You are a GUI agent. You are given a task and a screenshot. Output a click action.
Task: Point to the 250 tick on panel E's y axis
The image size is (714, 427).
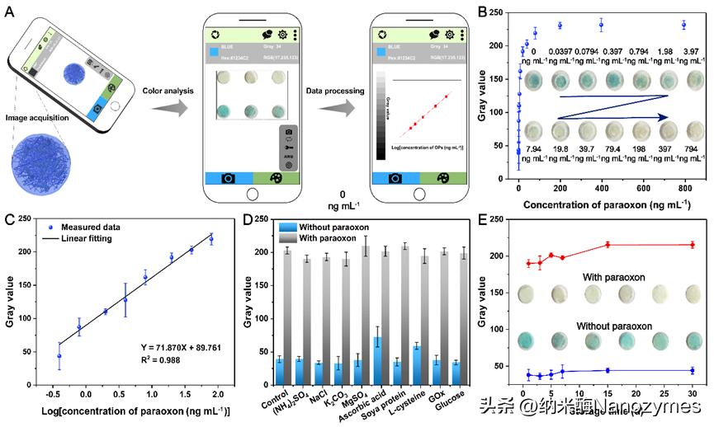pos(499,221)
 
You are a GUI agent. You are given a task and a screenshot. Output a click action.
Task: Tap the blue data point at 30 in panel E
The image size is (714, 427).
pos(693,370)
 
